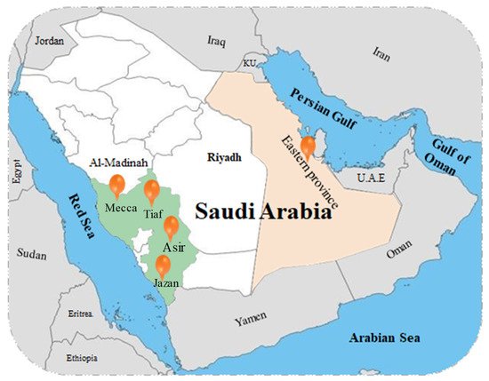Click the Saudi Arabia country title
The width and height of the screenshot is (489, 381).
click(263, 214)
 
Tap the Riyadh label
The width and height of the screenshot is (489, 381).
click(225, 157)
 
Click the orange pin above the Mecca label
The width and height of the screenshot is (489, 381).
click(116, 185)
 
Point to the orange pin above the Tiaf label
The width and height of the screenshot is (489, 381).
click(151, 190)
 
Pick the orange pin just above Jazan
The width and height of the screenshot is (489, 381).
click(163, 265)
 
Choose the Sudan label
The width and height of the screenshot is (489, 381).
click(32, 253)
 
